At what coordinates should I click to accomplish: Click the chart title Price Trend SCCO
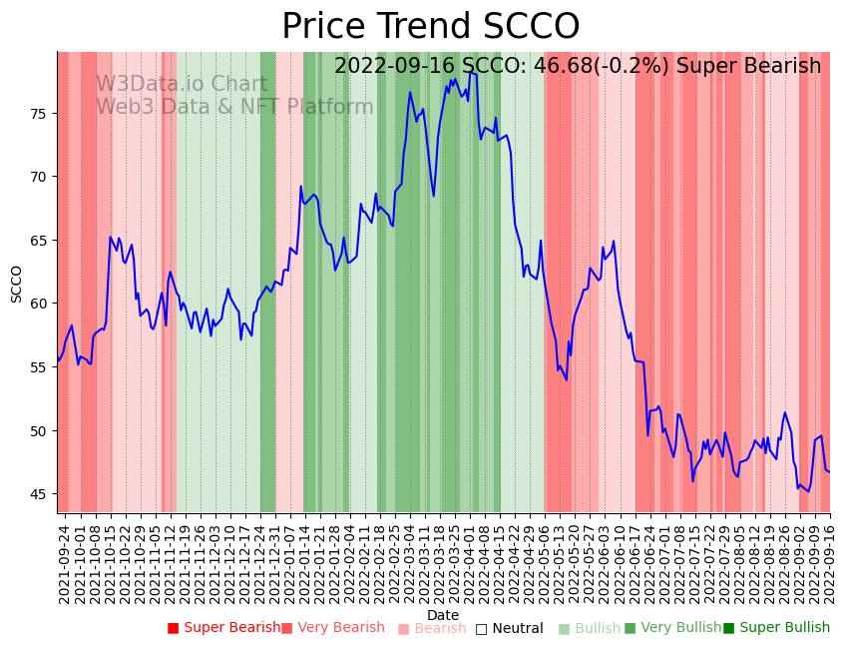pyautogui.click(x=430, y=27)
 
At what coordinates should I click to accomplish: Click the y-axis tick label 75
pyautogui.click(x=39, y=114)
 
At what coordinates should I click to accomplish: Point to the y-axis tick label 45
pyautogui.click(x=39, y=494)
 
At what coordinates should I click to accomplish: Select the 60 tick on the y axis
pyautogui.click(x=39, y=304)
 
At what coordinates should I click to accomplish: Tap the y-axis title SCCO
pyautogui.click(x=16, y=284)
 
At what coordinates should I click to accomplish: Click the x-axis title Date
pyautogui.click(x=443, y=616)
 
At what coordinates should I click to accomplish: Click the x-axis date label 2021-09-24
pyautogui.click(x=64, y=560)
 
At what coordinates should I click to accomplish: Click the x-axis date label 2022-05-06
pyautogui.click(x=544, y=560)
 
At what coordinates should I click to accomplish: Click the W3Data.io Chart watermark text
pyautogui.click(x=181, y=85)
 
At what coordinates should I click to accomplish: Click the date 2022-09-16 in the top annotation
pyautogui.click(x=394, y=67)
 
